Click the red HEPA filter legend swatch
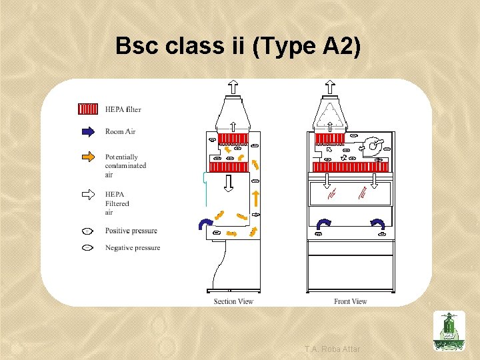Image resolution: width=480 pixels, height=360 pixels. [88, 109]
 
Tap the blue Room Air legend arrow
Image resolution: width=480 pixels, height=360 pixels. [88, 131]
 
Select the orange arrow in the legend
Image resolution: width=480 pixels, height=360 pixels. [88, 157]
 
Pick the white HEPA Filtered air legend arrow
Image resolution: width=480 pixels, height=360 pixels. [88, 194]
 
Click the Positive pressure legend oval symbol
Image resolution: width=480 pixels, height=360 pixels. [87, 231]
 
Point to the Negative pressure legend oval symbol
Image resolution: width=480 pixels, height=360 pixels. [87, 248]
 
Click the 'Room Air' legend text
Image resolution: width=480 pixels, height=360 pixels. [120, 131]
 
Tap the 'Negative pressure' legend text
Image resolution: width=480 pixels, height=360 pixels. [132, 248]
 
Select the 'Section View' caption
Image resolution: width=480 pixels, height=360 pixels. [233, 301]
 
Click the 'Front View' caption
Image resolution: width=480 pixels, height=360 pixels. [351, 301]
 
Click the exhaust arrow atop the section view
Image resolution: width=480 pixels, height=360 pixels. [233, 86]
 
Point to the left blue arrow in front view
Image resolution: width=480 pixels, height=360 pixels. [325, 223]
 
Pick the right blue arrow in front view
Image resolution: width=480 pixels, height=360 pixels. [378, 223]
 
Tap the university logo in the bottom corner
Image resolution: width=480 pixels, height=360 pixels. [449, 331]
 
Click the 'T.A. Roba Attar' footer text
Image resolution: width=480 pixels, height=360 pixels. [332, 349]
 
